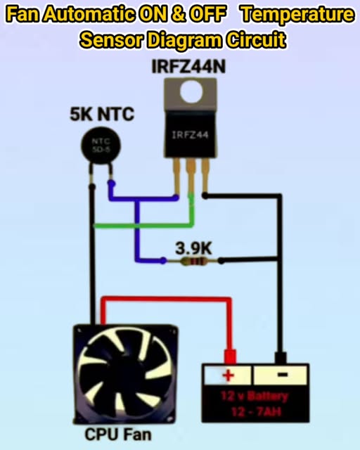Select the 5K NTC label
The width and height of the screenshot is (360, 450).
click(101, 114)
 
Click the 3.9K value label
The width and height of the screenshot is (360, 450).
click(193, 247)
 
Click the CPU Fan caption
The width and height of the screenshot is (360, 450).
click(117, 434)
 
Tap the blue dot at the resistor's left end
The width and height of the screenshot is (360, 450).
click(163, 261)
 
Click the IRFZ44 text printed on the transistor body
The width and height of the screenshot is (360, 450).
click(188, 134)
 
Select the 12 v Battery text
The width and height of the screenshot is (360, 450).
click(255, 396)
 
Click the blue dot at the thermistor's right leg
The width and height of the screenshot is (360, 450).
click(110, 184)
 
